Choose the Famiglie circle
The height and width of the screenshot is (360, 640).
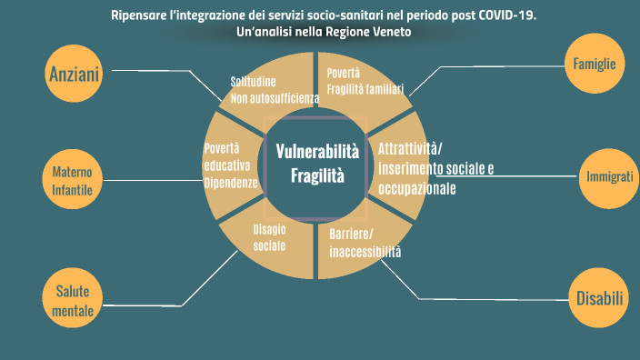[595, 64]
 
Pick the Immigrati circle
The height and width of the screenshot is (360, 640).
[605, 177]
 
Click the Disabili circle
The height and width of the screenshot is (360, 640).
[599, 297]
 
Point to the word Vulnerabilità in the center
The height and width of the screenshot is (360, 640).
[317, 151]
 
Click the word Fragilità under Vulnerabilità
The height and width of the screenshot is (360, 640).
[317, 175]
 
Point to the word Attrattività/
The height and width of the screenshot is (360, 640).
[410, 148]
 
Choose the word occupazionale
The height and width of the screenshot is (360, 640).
[417, 188]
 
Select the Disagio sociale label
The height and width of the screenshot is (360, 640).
[269, 237]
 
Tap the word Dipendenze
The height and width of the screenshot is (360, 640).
[232, 182]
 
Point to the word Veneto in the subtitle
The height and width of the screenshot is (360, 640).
[390, 32]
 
